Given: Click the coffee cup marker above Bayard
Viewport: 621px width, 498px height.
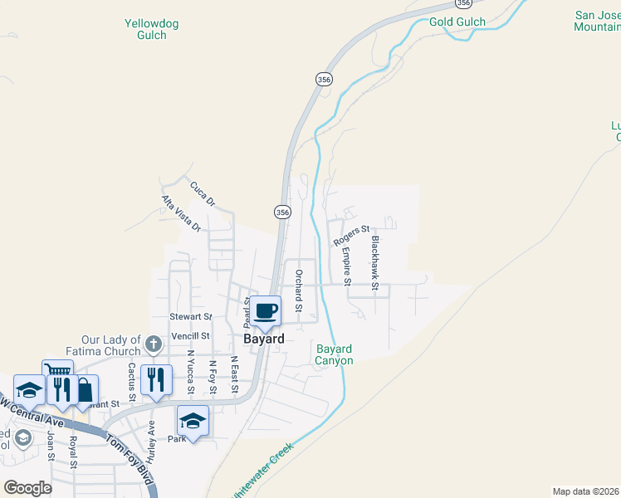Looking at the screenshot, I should pyautogui.click(x=266, y=311).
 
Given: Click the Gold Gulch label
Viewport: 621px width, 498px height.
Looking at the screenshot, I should pyautogui.click(x=451, y=21).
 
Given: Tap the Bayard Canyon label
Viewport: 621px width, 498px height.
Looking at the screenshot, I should pyautogui.click(x=335, y=354).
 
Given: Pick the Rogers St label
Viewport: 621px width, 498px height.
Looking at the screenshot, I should pyautogui.click(x=351, y=235).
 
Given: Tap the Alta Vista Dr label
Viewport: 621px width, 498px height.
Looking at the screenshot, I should pyautogui.click(x=181, y=213).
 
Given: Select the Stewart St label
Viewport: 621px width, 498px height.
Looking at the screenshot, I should pyautogui.click(x=191, y=317).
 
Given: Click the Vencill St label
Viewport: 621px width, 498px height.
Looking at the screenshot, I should pyautogui.click(x=190, y=335).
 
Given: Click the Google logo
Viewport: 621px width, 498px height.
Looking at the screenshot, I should pyautogui.click(x=27, y=487).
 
